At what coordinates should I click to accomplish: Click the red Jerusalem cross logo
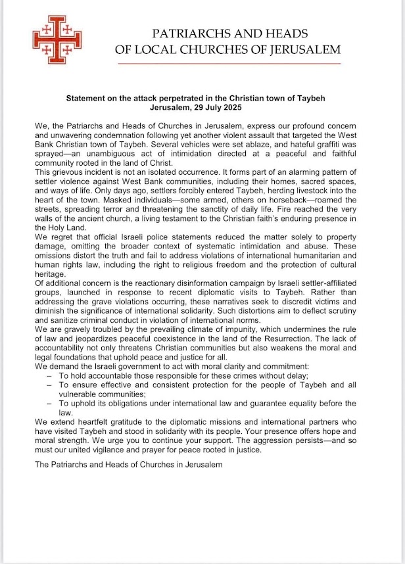coord(56,39)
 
